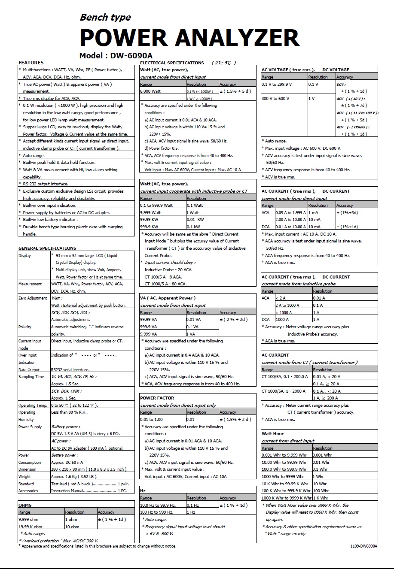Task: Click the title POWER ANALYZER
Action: coord(189,38)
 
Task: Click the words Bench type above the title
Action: coord(105,17)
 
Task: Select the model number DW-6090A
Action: coord(131,55)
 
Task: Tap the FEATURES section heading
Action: coord(31,63)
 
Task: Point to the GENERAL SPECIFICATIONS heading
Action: coord(47,248)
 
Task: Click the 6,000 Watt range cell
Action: coord(150,91)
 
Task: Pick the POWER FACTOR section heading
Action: coord(157,398)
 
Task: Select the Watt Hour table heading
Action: coord(273,433)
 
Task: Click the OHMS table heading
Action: coord(25,505)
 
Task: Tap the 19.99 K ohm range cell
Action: coord(31,527)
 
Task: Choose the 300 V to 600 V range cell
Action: coord(275,98)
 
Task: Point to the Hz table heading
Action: coord(143,490)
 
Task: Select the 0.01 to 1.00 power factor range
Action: coord(152,419)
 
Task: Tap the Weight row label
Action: coord(24,476)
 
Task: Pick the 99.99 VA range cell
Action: coord(149,319)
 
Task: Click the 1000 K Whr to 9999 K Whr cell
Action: coord(286,498)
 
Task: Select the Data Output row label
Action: coord(29,369)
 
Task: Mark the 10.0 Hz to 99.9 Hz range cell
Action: coord(158,505)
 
